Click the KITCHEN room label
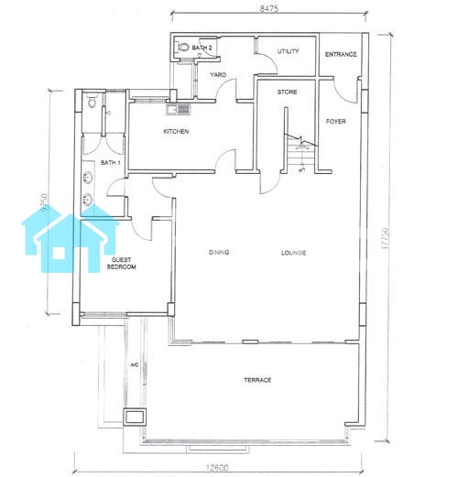176,132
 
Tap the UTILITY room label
288,51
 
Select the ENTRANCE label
341,54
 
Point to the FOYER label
335,122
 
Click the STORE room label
287,92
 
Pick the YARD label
218,75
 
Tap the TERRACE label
257,380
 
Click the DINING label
219,253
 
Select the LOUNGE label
293,253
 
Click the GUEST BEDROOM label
121,264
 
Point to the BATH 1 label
110,163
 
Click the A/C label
135,364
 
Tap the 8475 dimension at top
269,8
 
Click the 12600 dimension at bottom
217,468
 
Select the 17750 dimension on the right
385,238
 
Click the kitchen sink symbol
179,109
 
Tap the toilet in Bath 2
183,48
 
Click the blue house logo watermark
71,238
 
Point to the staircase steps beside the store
300,157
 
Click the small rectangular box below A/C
135,417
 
